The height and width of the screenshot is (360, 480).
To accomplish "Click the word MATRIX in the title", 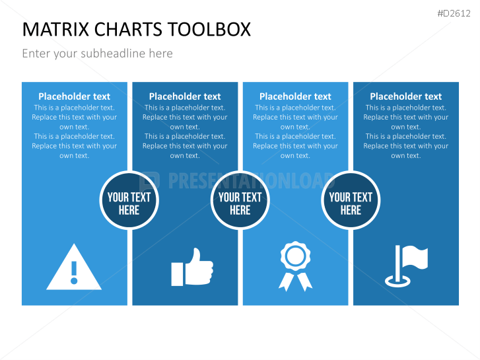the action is [x=56, y=30].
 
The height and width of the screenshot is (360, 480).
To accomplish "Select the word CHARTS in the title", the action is [x=128, y=30].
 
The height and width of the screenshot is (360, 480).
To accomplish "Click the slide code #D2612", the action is [x=454, y=13].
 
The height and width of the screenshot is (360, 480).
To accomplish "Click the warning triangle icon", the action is [x=74, y=267].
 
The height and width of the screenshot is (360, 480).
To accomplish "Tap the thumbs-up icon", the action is [x=192, y=267].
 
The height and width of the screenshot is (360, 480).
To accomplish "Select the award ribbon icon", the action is [x=295, y=266].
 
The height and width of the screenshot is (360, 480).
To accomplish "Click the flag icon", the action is [x=406, y=266].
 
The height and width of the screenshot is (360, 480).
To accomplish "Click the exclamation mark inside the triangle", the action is [x=74, y=273].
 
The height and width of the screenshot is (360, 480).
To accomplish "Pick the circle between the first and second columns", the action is [x=129, y=200].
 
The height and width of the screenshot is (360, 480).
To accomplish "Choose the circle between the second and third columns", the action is [x=240, y=200].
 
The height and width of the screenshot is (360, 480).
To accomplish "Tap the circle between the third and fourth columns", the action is [x=351, y=200].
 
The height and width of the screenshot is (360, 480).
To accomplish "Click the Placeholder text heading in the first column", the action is [x=75, y=96].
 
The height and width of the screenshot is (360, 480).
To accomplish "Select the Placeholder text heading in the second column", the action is [x=185, y=96].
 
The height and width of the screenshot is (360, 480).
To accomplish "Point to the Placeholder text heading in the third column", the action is [x=295, y=96].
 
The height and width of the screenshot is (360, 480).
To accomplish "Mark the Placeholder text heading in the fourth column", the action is [x=406, y=96].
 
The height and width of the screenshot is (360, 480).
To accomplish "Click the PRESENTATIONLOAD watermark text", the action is [x=251, y=180].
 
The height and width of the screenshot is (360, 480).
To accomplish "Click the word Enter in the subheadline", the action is [x=37, y=54].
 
